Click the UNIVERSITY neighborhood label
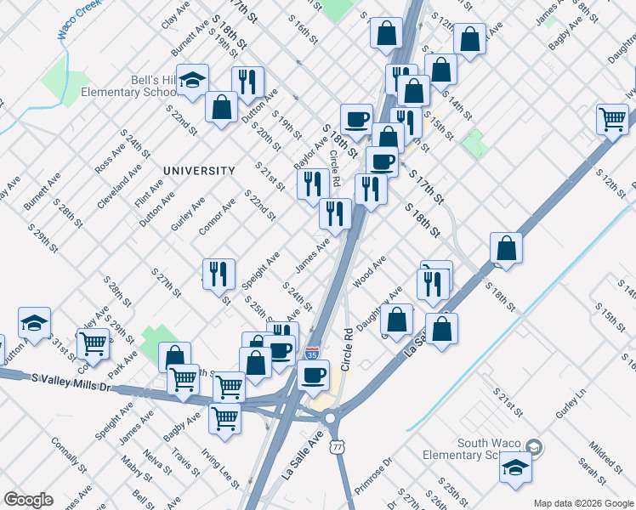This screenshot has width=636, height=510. point(199,171)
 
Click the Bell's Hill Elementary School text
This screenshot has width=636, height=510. point(128,86)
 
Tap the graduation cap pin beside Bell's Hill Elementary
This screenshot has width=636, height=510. point(193,81)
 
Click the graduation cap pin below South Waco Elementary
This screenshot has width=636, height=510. point(514,468)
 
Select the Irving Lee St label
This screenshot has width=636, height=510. point(219,463)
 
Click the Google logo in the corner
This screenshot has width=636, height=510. point(29,500)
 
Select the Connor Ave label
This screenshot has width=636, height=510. point(216,218)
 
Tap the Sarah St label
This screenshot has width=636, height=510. point(588,467)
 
